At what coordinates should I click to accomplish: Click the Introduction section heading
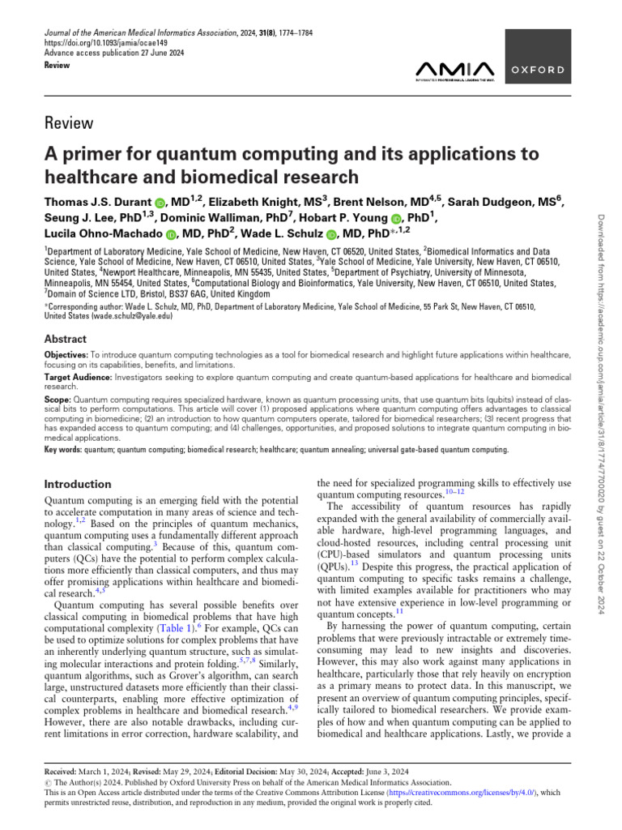77,484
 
